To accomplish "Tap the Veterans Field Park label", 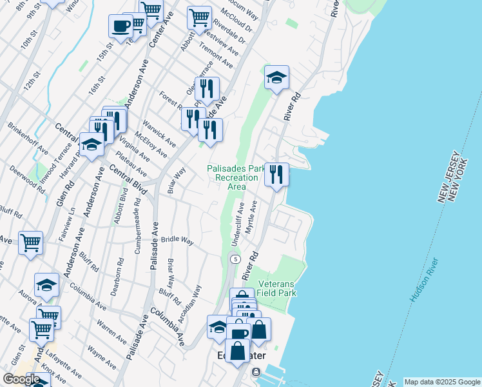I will pos(276,288).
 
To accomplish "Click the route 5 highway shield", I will pos(236,259).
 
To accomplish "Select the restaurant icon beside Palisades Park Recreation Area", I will pos(276,174).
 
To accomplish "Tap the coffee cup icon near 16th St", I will pos(120,26).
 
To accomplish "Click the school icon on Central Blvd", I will pos(92,145).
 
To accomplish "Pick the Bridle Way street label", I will pos(177,240).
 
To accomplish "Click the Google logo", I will pos(21,379).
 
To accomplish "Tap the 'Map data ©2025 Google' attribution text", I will pos(443,382).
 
